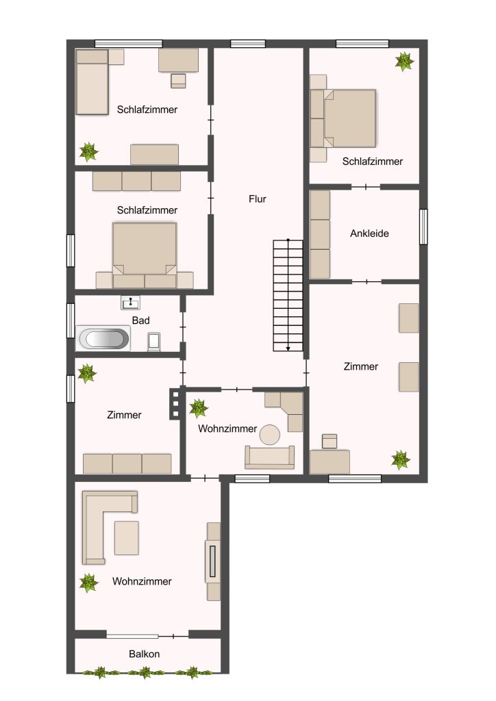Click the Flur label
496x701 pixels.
click(257, 199)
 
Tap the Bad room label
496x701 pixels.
click(140, 320)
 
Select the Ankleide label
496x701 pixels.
click(369, 233)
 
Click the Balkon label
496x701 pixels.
click(144, 654)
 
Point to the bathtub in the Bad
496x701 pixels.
click(103, 338)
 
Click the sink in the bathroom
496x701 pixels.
click(131, 303)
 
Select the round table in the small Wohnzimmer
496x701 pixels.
click(270, 435)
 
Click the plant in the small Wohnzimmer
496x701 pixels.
click(198, 408)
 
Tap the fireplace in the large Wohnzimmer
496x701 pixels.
click(212, 561)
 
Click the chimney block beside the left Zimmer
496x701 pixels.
click(175, 404)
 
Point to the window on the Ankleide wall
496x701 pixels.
click(423, 227)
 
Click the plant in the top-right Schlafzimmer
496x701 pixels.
click(404, 61)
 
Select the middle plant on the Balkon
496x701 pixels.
click(145, 672)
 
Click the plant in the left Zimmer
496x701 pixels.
click(87, 373)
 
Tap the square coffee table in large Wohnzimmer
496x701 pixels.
click(127, 538)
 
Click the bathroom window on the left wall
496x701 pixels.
click(70, 320)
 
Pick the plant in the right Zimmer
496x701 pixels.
click(401, 460)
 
